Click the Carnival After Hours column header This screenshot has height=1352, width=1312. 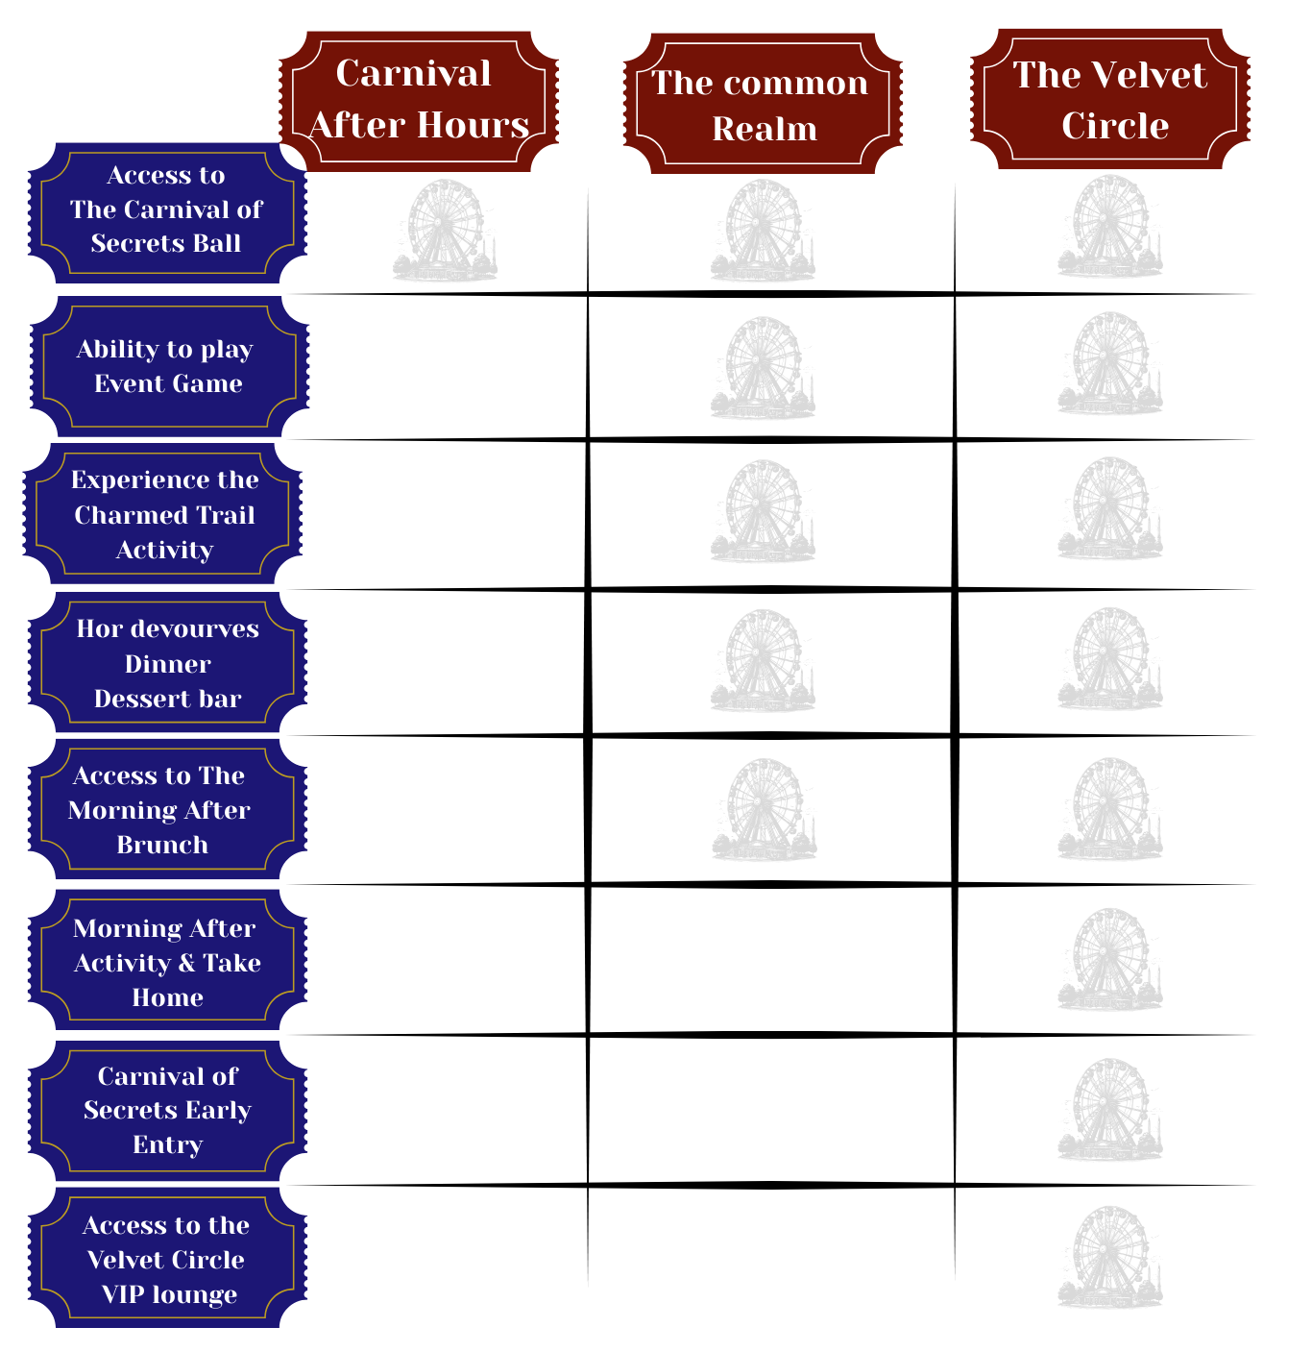[x=419, y=100]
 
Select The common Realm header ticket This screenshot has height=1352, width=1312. [x=763, y=104]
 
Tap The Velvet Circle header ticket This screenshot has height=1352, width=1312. [x=1110, y=100]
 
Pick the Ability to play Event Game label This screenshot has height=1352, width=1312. [x=167, y=366]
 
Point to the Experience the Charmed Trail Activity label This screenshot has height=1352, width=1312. [x=163, y=514]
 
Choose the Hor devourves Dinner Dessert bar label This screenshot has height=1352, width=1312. [x=167, y=663]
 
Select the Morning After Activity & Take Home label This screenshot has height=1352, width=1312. [x=167, y=962]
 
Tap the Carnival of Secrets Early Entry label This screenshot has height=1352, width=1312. [x=167, y=1111]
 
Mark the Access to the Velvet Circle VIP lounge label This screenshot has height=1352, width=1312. [x=167, y=1259]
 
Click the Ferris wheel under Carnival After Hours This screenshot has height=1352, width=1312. [x=445, y=232]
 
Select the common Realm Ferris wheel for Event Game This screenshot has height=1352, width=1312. [x=763, y=369]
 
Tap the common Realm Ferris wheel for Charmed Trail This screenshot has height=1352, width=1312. [x=763, y=512]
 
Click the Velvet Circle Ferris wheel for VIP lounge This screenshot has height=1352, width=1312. [x=1110, y=1258]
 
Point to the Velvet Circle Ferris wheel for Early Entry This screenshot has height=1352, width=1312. [x=1110, y=1111]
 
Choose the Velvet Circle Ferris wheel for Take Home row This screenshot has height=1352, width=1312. [x=1110, y=960]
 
